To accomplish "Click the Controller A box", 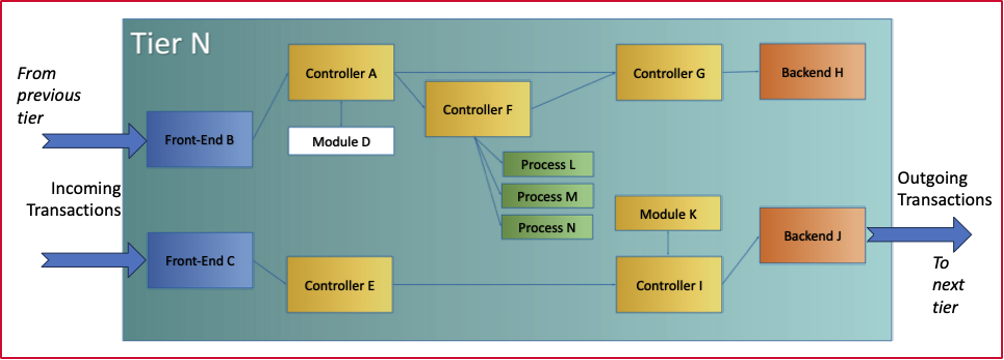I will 341,72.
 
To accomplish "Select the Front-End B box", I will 200,139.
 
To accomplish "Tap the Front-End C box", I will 200,261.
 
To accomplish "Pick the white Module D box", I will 341,141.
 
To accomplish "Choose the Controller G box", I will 669,72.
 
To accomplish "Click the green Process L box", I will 547,163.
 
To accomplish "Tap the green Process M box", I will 547,196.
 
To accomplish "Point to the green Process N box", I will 547,227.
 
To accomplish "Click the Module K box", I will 668,213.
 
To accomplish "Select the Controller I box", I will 668,285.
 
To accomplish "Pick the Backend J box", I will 811,236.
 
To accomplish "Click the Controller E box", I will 341,285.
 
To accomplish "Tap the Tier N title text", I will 170,43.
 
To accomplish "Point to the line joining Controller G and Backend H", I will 740,72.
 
